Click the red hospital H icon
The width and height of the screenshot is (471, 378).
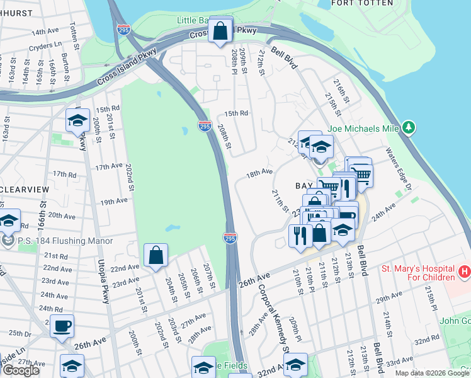(465, 272)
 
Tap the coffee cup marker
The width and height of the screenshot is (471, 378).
(62, 327)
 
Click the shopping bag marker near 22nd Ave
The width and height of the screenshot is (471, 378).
(156, 256)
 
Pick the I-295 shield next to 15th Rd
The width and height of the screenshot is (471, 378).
(204, 127)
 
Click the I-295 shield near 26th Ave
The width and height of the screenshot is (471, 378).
(230, 238)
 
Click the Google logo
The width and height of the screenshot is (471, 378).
(21, 370)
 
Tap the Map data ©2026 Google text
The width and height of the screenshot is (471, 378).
(432, 373)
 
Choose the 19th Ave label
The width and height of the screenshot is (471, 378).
(114, 201)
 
